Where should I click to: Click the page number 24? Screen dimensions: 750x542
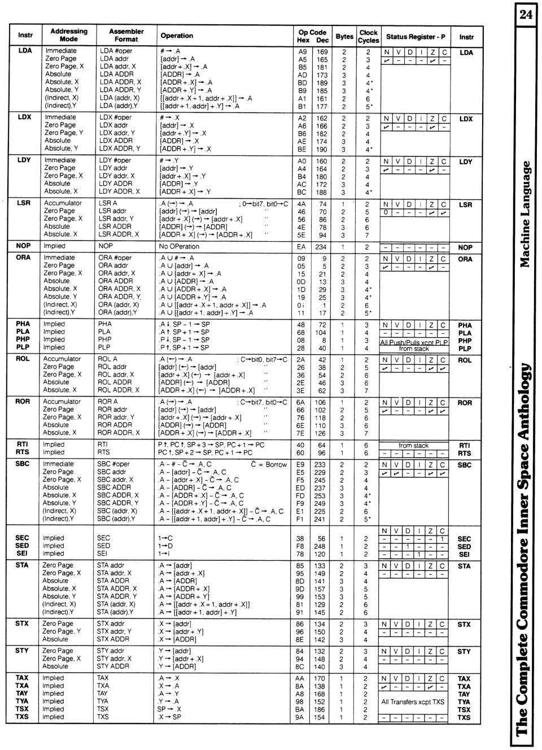(525, 14)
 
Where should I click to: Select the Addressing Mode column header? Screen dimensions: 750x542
(69, 35)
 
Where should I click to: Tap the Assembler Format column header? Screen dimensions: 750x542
(126, 35)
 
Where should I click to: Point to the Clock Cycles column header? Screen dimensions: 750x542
(368, 36)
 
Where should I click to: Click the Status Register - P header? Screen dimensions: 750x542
(416, 37)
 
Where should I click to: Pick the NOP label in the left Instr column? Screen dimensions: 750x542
(23, 246)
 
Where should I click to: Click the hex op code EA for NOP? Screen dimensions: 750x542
(301, 247)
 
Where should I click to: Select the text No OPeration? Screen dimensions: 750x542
(179, 246)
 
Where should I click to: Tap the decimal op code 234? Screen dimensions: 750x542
(321, 247)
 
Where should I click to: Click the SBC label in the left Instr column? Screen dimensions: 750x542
(22, 464)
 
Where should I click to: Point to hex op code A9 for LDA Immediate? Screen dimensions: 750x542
(303, 51)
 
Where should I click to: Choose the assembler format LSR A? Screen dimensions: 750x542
(108, 203)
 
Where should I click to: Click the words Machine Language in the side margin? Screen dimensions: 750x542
(525, 215)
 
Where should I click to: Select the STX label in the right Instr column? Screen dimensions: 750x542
(464, 625)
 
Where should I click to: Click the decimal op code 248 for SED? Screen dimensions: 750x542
(320, 546)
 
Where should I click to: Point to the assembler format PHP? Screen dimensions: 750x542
(104, 339)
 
